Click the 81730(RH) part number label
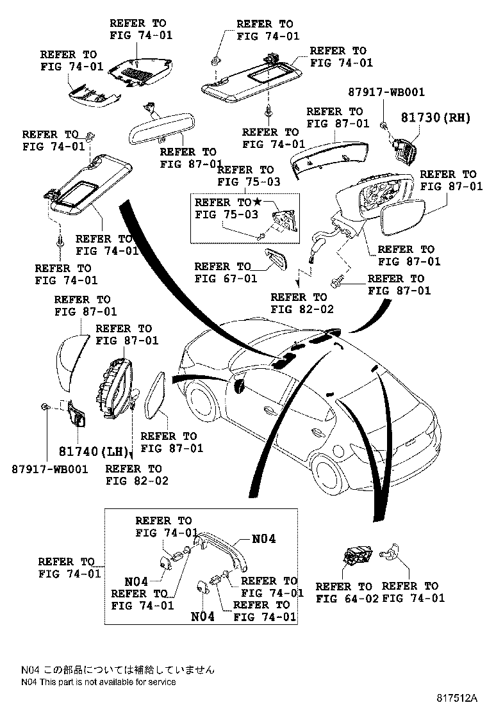[436, 117]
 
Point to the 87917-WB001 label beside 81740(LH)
[49, 469]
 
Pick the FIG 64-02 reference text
[343, 598]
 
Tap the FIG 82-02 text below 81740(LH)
[136, 480]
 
